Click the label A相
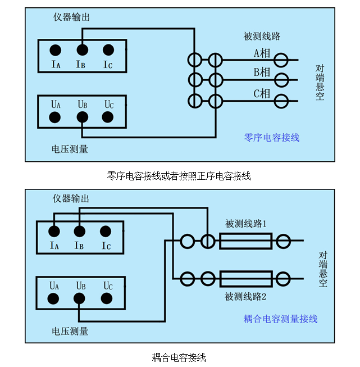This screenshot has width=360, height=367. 262,53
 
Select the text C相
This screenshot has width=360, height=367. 262,94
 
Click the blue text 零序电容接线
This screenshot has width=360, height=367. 272,137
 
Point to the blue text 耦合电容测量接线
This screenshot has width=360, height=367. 280,319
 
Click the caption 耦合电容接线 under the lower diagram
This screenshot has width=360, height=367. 179,357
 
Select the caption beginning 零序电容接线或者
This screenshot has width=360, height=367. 179,176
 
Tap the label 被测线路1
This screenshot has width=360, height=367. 246,224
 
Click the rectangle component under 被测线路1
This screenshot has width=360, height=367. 246,242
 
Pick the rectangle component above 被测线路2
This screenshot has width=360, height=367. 246,278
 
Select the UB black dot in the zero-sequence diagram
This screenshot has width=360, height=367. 82,117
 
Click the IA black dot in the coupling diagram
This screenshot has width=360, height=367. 54,231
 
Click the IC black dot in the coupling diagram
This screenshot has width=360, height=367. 105,231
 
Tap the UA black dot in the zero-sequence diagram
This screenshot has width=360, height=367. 55,117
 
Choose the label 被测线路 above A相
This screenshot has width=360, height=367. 262,37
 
